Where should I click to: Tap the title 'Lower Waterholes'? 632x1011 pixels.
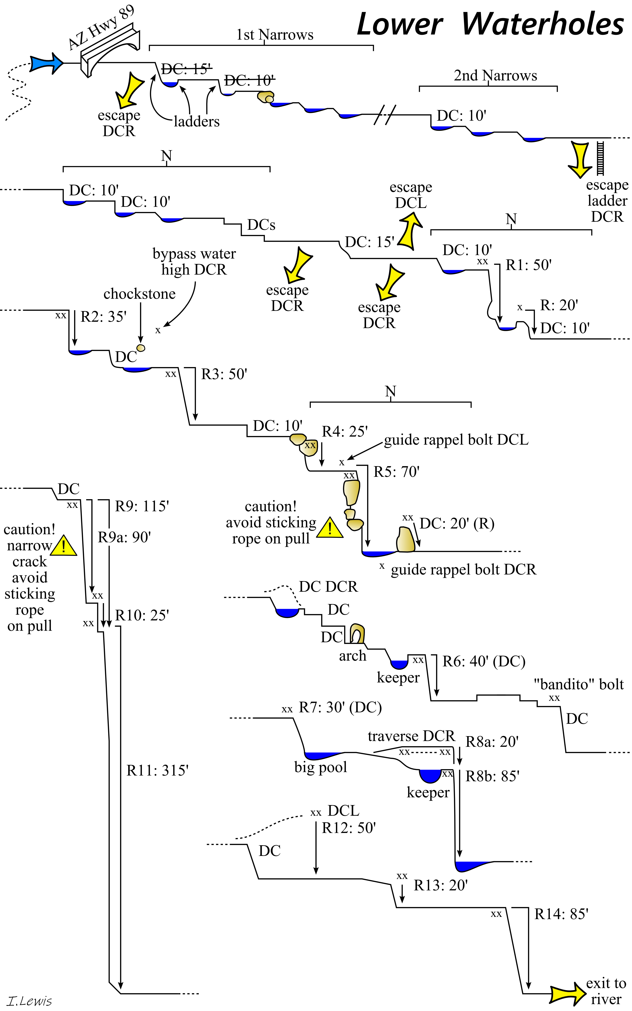(490, 24)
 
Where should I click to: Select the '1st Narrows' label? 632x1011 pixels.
(275, 35)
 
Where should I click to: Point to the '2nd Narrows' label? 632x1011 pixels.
(495, 76)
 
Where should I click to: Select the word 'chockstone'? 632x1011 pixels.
(139, 294)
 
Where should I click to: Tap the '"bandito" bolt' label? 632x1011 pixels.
(579, 684)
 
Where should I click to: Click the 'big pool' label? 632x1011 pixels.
(321, 767)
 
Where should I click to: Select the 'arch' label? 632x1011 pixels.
(352, 656)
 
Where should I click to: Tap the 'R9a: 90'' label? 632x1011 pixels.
(124, 537)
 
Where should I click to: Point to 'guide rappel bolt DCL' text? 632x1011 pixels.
(456, 440)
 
